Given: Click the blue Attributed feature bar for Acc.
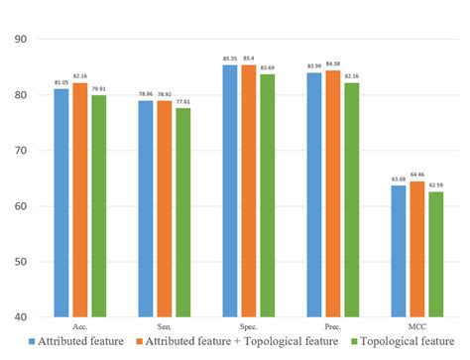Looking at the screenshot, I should pos(61,203).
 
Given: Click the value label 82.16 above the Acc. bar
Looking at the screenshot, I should pos(78,76).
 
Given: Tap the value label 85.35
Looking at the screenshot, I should pos(230,59).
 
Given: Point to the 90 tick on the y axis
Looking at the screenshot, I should pos(19,40).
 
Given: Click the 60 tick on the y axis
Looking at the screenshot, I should pos(19,206).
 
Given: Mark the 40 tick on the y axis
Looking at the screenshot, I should pos(19,317).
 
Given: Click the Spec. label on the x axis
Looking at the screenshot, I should pos(247,325).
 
